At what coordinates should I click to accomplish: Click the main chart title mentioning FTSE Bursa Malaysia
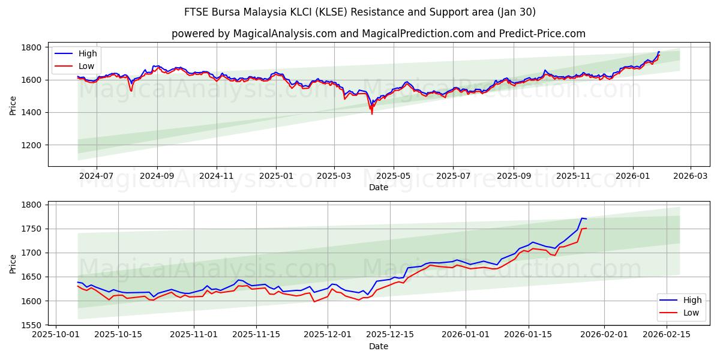pos(360,12)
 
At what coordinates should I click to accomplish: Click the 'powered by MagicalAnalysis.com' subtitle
pos(378,34)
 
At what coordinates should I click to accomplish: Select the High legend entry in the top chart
pos(88,53)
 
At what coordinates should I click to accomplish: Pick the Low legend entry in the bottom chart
pos(691,313)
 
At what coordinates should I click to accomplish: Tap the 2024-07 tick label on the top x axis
pos(97,176)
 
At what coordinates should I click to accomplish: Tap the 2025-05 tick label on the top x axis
pos(394,176)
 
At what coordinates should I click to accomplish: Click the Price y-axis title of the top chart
pos(13,104)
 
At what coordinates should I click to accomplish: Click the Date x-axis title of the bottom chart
pos(378,346)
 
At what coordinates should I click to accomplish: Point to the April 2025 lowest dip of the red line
pos(372,113)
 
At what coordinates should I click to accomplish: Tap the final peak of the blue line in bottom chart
pos(582,218)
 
